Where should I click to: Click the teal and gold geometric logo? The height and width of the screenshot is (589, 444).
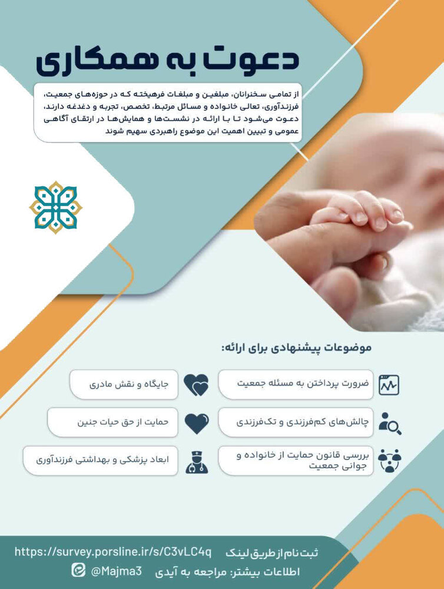click(x=56, y=207)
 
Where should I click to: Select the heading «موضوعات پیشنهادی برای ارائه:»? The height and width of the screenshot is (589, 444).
click(x=297, y=348)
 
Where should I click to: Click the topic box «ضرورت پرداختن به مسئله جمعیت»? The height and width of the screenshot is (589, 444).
click(x=296, y=384)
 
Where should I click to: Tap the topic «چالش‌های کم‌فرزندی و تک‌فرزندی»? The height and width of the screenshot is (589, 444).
click(x=296, y=422)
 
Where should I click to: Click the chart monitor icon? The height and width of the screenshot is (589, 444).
click(x=389, y=385)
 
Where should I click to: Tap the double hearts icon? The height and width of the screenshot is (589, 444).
click(x=196, y=385)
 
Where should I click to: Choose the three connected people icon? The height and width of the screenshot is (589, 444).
click(x=389, y=461)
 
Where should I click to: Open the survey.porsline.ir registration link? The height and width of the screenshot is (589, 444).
click(x=113, y=552)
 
